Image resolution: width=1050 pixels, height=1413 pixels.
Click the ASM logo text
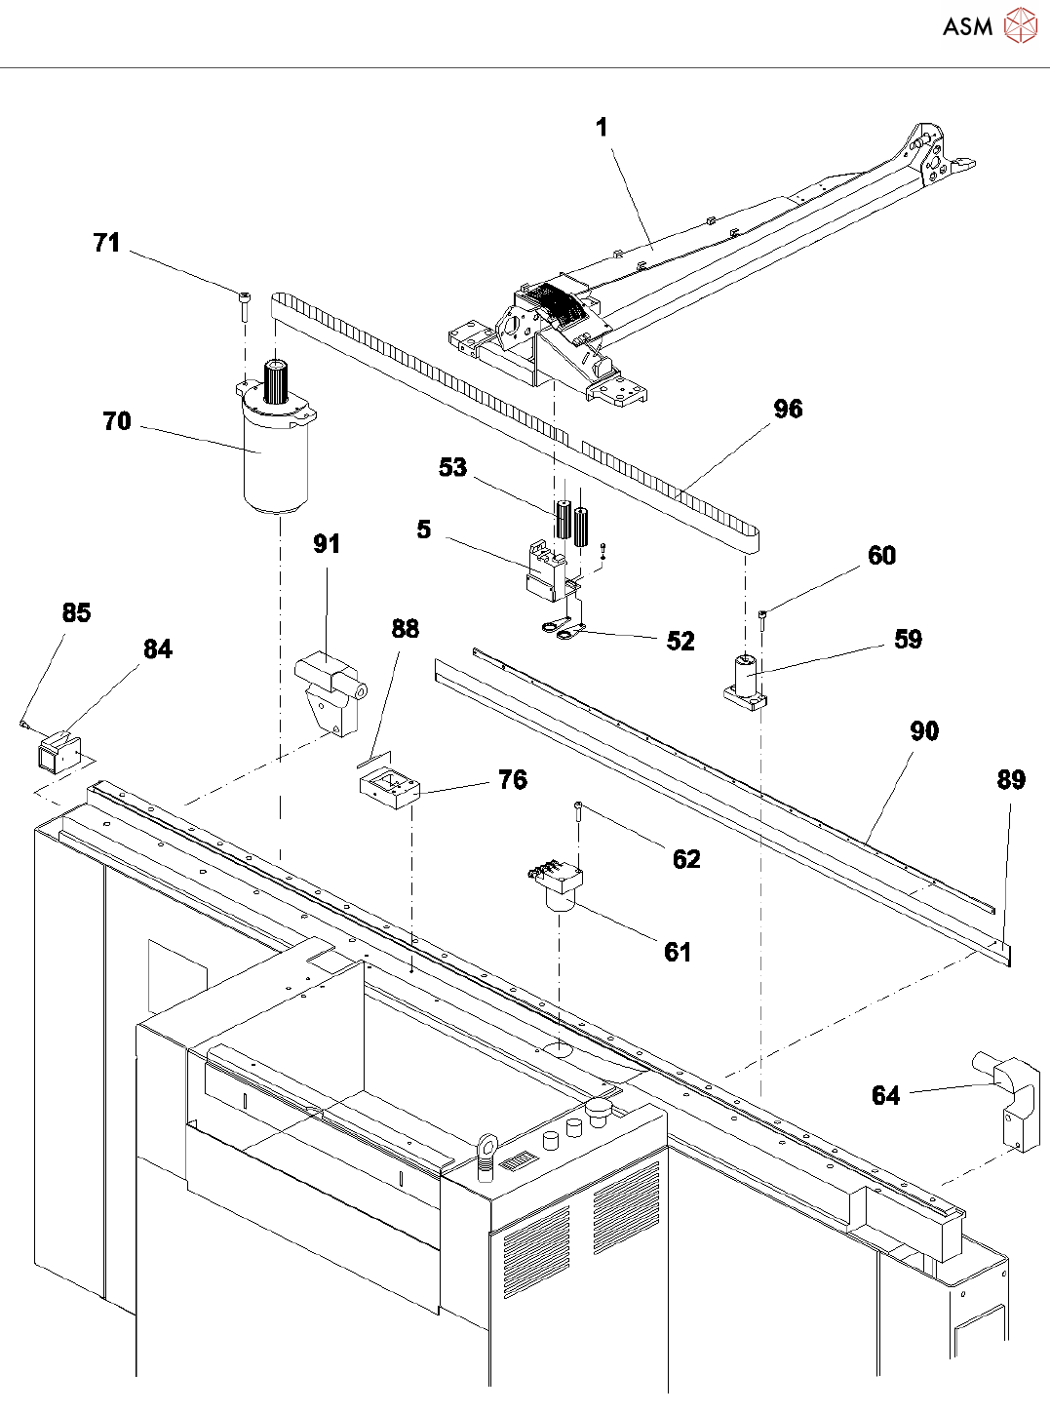pyautogui.click(x=968, y=26)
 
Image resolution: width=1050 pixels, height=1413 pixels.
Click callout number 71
pyautogui.click(x=106, y=243)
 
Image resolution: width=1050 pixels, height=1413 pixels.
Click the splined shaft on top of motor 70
pyautogui.click(x=277, y=381)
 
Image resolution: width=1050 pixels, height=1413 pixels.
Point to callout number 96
pyautogui.click(x=788, y=409)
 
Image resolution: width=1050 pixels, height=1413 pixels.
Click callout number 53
pyautogui.click(x=452, y=468)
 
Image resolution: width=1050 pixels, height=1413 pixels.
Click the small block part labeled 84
pyautogui.click(x=60, y=753)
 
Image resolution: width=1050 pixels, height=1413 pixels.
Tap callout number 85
pyautogui.click(x=76, y=612)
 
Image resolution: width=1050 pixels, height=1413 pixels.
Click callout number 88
pyautogui.click(x=406, y=629)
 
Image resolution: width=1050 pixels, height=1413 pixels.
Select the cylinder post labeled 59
pyautogui.click(x=745, y=683)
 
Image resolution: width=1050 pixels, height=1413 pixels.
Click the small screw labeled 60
pyautogui.click(x=762, y=620)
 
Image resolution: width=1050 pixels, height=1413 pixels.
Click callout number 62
pyautogui.click(x=686, y=859)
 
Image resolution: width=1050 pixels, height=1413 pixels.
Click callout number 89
pyautogui.click(x=1011, y=779)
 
